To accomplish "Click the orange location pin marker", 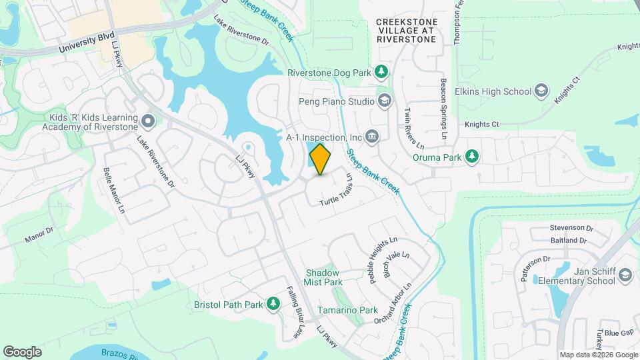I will click(321, 159).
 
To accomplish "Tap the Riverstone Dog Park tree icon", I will click(381, 71).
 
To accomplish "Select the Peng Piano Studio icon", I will click(384, 101).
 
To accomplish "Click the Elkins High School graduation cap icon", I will click(541, 91).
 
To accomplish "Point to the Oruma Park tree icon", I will click(472, 156).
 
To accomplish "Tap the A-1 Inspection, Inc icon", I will click(372, 137).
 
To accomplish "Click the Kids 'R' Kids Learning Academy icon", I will click(148, 121).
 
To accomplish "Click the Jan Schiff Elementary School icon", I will click(625, 275).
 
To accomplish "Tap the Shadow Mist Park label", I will click(323, 277).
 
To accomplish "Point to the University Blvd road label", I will click(87, 41).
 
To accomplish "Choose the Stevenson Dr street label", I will click(571, 227).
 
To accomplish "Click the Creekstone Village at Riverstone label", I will click(406, 31).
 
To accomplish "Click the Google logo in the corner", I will click(22, 351).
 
